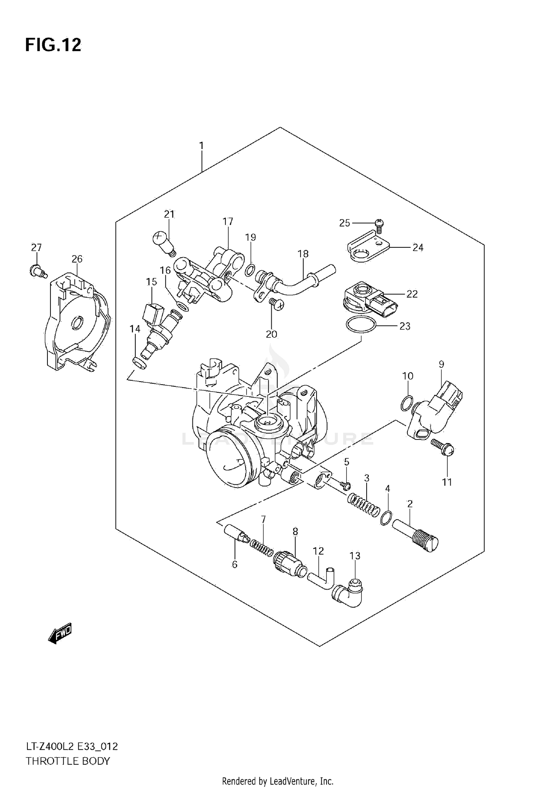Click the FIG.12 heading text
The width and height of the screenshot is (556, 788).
click(53, 45)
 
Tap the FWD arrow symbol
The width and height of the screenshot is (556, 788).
click(60, 635)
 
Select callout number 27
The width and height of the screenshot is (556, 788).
click(36, 247)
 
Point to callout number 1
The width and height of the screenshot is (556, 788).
click(201, 146)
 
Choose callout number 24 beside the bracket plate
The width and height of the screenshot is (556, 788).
click(418, 247)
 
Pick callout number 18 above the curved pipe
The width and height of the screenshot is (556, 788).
click(303, 254)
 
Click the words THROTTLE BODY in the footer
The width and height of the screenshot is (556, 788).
click(68, 761)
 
